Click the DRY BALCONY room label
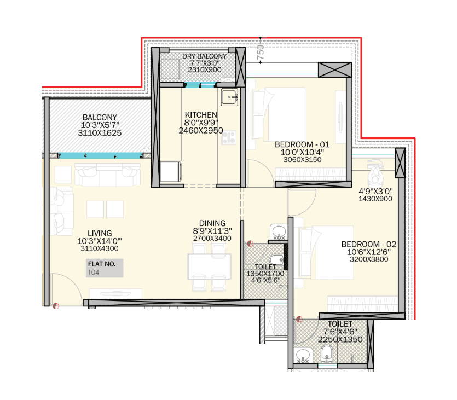pyautogui.click(x=204, y=56)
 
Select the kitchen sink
pyautogui.click(x=229, y=98)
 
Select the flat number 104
pyautogui.click(x=94, y=272)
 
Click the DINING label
pyautogui.click(x=212, y=223)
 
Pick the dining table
pyautogui.click(x=205, y=265)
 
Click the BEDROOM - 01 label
pyautogui.click(x=298, y=144)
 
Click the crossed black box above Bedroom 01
pyautogui.click(x=334, y=69)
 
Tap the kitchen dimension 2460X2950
pyautogui.click(x=200, y=131)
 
